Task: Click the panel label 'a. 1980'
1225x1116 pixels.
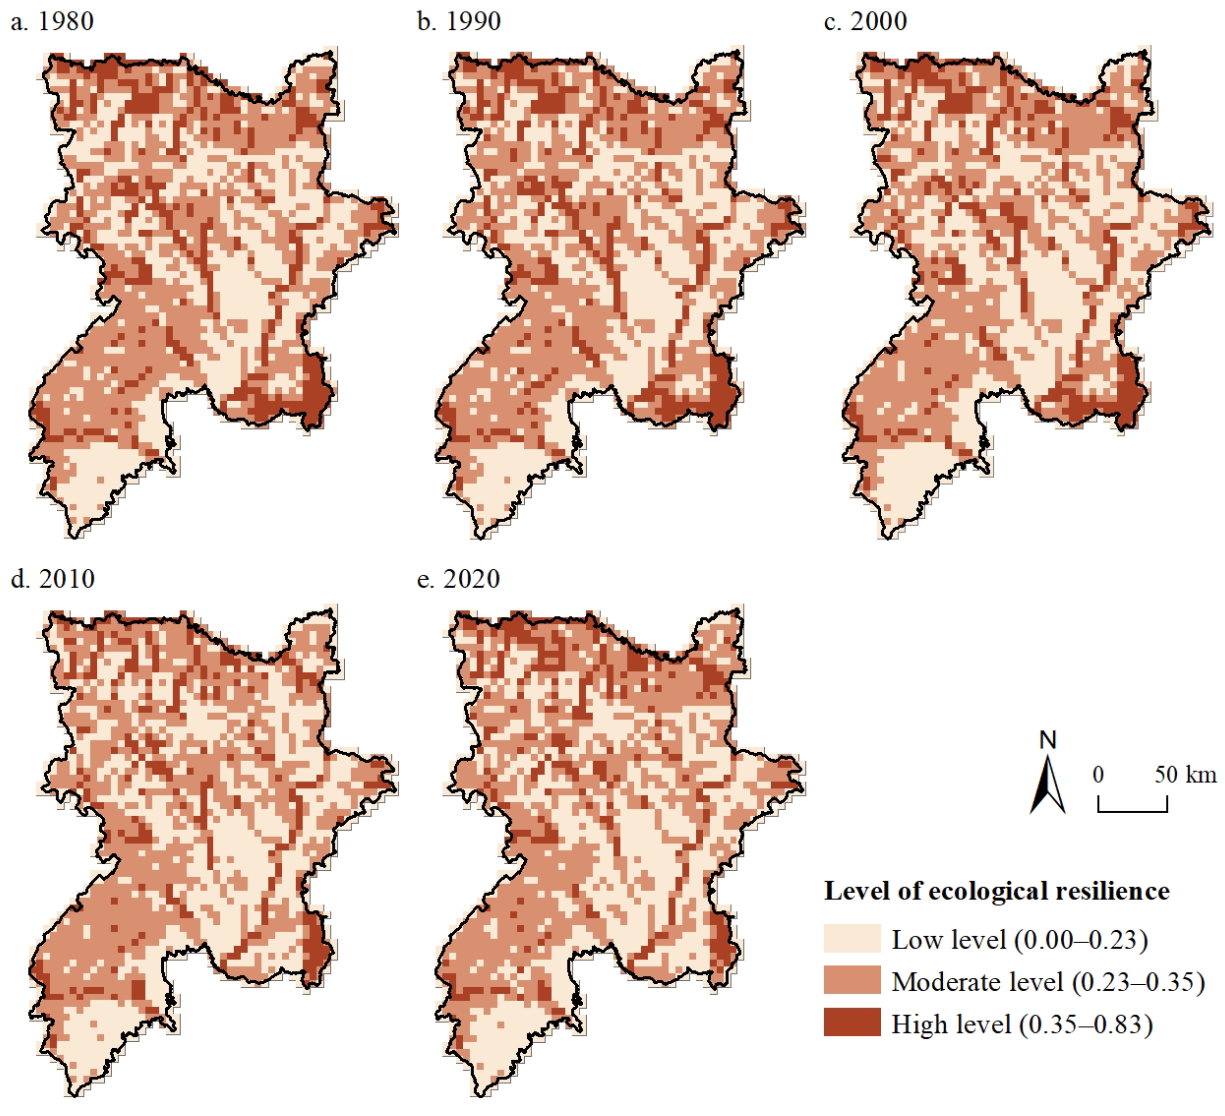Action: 52,22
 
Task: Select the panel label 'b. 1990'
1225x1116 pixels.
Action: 459,22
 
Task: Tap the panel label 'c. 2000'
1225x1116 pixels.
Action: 866,22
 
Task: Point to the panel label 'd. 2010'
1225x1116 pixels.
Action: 53,579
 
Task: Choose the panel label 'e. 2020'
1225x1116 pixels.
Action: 458,579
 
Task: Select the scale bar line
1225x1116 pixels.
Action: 1132,810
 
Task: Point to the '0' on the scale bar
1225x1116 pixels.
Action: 1098,775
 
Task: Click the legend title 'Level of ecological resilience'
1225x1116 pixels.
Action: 996,891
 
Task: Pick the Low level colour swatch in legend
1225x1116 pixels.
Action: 852,939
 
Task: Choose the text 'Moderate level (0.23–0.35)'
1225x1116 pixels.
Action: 1048,982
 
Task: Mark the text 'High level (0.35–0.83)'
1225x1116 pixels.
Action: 1022,1024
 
